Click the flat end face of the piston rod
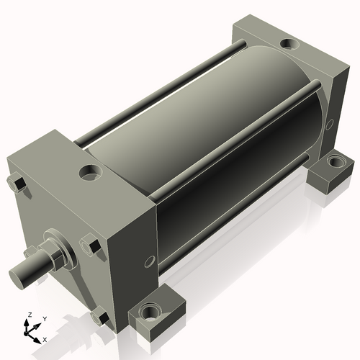18,276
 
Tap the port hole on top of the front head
90,173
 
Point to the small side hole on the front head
149,260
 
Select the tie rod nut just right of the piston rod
91,246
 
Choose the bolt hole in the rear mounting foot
333,161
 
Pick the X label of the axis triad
45,338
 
